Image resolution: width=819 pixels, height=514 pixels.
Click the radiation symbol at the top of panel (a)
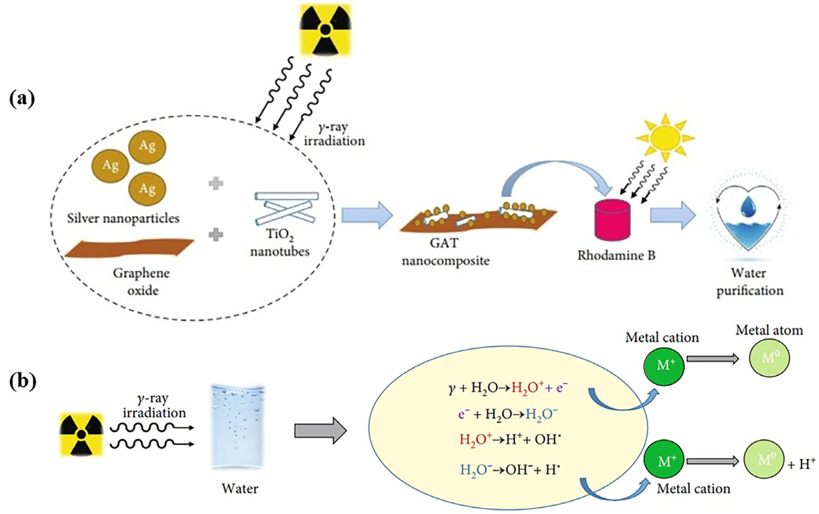[x=325, y=30]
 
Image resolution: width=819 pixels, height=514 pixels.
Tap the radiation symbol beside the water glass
[x=81, y=434]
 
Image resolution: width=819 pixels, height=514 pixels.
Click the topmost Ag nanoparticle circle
[x=147, y=146]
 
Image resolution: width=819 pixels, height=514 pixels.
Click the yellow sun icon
[x=665, y=138]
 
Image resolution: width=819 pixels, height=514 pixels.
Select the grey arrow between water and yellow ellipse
[x=320, y=431]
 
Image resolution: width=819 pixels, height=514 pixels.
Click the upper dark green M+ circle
[x=664, y=365]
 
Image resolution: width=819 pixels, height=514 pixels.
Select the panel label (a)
[x=22, y=99]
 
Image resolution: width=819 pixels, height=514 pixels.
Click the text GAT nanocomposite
[x=445, y=252]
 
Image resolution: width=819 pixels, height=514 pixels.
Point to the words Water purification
[x=750, y=282]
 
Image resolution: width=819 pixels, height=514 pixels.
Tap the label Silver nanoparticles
[x=123, y=218]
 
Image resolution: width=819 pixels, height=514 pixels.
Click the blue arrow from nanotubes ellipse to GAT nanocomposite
[x=367, y=215]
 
